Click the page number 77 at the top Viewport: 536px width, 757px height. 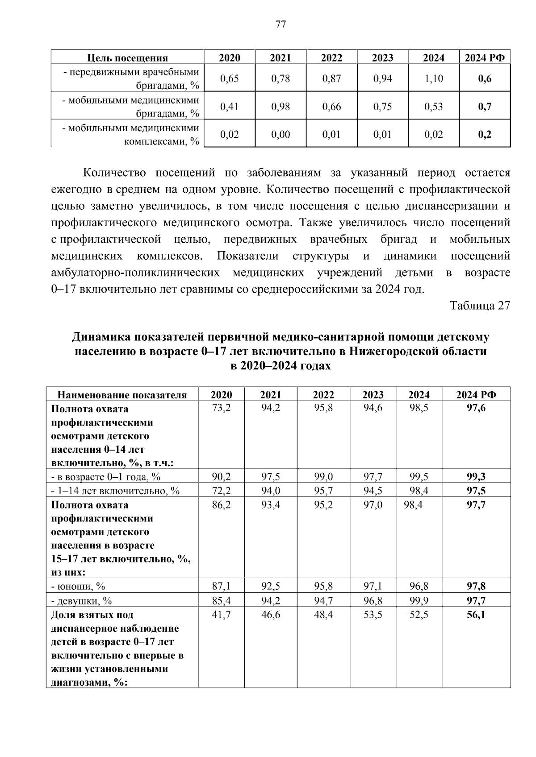click(281, 25)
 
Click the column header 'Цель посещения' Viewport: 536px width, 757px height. click(127, 58)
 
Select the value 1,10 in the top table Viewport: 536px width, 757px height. click(434, 79)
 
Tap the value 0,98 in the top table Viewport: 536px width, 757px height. click(281, 107)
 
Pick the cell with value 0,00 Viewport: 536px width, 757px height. click(281, 134)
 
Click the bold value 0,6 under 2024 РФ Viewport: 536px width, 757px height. click(485, 79)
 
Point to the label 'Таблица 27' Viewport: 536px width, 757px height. click(480, 306)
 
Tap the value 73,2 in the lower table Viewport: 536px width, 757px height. click(221, 408)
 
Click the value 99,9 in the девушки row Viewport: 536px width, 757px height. click(419, 600)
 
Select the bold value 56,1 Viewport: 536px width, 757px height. click(476, 615)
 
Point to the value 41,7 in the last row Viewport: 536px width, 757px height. click(221, 615)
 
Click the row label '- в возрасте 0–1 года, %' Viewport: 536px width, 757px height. click(106, 477)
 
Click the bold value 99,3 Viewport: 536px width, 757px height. click(476, 477)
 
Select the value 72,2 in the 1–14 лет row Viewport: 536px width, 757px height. click(221, 491)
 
